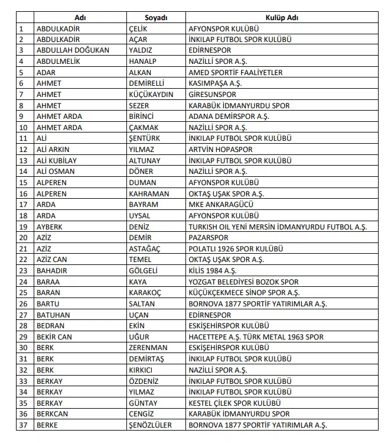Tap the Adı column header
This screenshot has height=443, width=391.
point(80,18)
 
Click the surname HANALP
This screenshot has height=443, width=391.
point(142,62)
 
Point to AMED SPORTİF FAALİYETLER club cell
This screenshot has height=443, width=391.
point(235,72)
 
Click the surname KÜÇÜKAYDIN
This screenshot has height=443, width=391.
point(151,94)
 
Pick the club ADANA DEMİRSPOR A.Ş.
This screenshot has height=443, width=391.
point(225,117)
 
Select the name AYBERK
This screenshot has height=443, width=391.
point(50,227)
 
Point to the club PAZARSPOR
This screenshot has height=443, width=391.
point(208,238)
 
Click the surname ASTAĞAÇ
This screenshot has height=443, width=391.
point(144,248)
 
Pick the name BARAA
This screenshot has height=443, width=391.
point(48,282)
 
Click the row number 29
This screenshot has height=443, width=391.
point(24,337)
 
